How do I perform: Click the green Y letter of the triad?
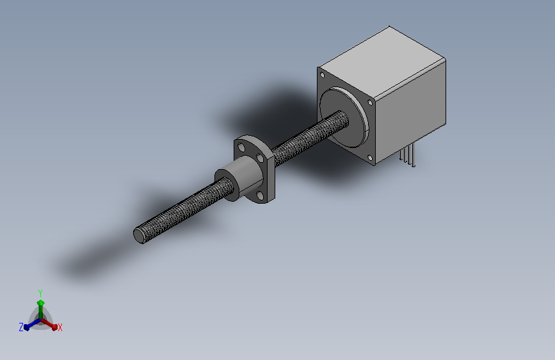tap(40, 293)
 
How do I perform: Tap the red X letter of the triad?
tap(60, 327)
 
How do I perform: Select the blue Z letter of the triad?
tap(21, 327)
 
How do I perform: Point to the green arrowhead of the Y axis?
tap(41, 303)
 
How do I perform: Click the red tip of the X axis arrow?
tap(54, 327)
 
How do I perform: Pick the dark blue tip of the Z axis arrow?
tap(26, 327)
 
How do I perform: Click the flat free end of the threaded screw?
tap(139, 236)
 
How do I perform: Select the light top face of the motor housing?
tap(382, 62)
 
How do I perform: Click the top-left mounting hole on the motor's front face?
tap(323, 75)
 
